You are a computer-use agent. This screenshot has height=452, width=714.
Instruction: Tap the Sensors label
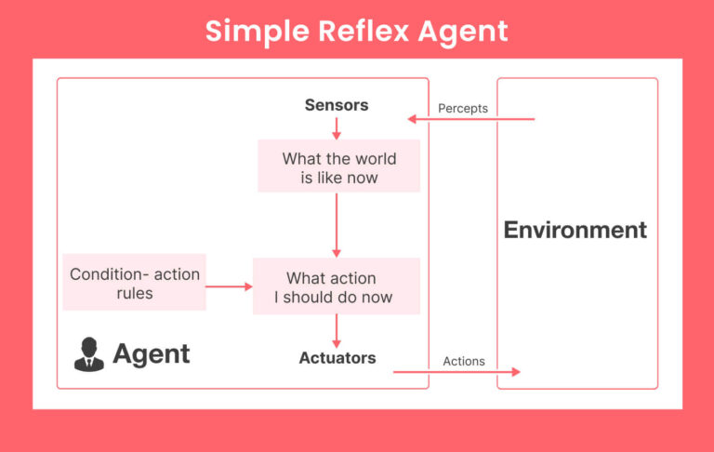pos(337,105)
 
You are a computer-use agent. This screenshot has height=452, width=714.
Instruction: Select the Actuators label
pos(337,357)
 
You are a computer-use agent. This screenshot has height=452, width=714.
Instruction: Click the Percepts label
pos(463,108)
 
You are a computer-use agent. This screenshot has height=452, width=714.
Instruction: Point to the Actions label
pos(464,361)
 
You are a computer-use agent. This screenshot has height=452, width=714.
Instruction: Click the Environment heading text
pos(575,230)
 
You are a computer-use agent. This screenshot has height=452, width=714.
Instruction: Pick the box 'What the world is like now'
pos(338,167)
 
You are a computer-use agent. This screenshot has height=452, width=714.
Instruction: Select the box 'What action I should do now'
pos(337,287)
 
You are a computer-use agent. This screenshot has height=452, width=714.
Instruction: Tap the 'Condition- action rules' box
pos(135,284)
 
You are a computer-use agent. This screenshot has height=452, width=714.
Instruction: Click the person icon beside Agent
pos(89,354)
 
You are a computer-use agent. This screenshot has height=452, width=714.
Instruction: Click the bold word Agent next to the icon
pos(152,353)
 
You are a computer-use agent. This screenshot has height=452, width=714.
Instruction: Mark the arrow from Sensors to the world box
pos(337,128)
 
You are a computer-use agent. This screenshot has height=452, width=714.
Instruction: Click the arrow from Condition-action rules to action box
pos(229,286)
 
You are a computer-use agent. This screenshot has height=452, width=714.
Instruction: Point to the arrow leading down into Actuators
pos(337,331)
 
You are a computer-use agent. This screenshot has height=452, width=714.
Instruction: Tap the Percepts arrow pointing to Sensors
pos(470,119)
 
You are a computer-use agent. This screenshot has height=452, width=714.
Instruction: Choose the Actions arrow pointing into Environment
pos(456,372)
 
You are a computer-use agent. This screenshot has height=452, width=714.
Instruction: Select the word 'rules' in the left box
pos(135,293)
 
